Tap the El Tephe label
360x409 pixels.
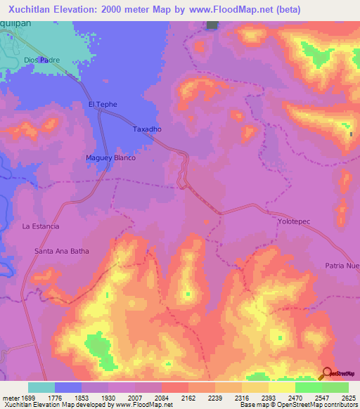[102, 105]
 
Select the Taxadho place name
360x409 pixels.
[148, 130]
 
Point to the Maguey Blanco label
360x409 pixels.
[110, 158]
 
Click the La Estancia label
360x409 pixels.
[41, 226]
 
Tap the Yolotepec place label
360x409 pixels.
[294, 221]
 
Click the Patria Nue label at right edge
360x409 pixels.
[342, 266]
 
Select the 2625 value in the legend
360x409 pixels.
[347, 397]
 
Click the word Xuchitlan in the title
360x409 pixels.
[32, 10]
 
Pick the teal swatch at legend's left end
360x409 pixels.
[41, 387]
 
